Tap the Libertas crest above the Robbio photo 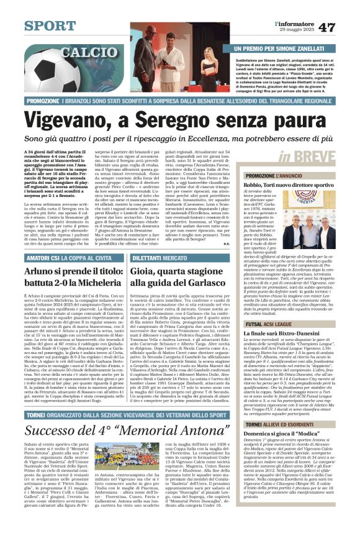[320, 201]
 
